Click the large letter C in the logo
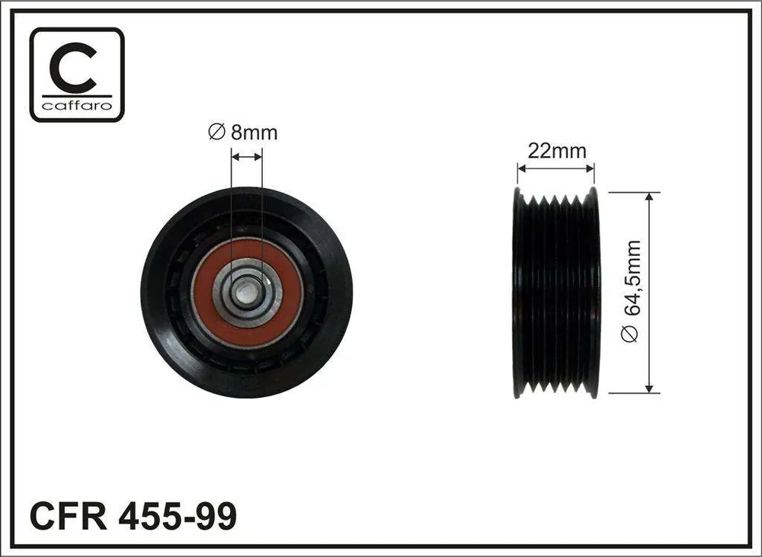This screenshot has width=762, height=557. [x=75, y=68]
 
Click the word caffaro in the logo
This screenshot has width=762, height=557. [x=77, y=105]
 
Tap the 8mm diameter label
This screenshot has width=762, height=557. [x=243, y=133]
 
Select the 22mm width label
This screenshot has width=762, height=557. [x=557, y=151]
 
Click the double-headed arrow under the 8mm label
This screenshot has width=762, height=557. [x=247, y=156]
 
